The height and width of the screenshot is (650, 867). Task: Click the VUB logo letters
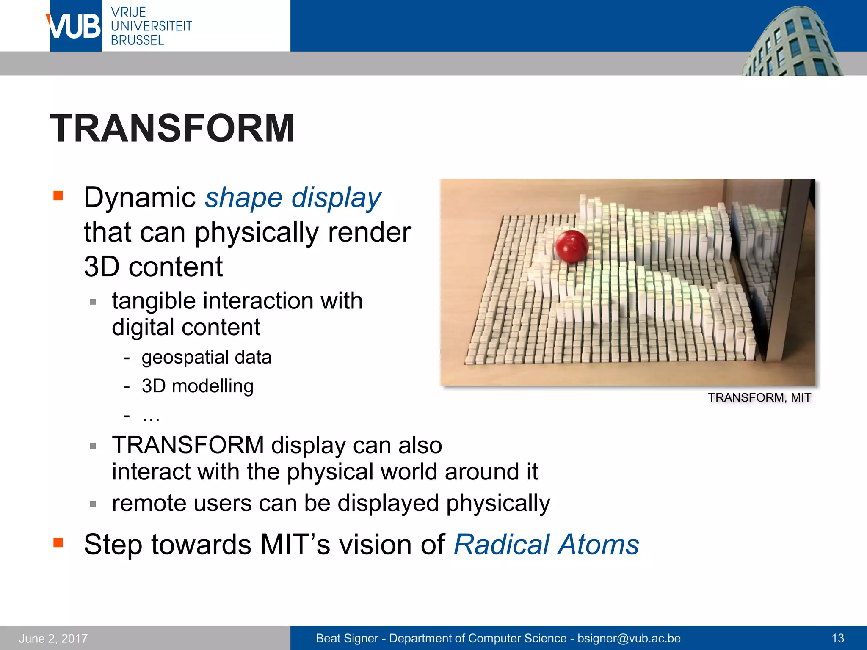75,26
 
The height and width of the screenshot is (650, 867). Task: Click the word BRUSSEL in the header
137,40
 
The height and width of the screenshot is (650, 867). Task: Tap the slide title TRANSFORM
172,128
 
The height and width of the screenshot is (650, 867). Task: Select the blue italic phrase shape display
293,198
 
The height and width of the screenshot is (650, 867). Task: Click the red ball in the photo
571,246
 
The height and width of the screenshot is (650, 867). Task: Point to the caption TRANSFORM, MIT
759,398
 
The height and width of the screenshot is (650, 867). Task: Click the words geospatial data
207,357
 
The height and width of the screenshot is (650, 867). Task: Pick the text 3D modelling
198,386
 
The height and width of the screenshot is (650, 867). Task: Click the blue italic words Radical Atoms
546,544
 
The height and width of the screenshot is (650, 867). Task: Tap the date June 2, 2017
53,638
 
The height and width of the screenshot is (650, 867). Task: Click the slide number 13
838,638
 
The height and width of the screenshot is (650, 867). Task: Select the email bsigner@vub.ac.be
629,638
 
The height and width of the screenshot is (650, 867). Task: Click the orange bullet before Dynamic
58,196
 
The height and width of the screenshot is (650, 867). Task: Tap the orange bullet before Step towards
58,543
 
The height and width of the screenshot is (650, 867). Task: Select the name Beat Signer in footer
347,638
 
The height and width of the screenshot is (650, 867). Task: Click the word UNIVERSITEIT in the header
151,26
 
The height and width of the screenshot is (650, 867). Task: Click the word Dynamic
139,198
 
